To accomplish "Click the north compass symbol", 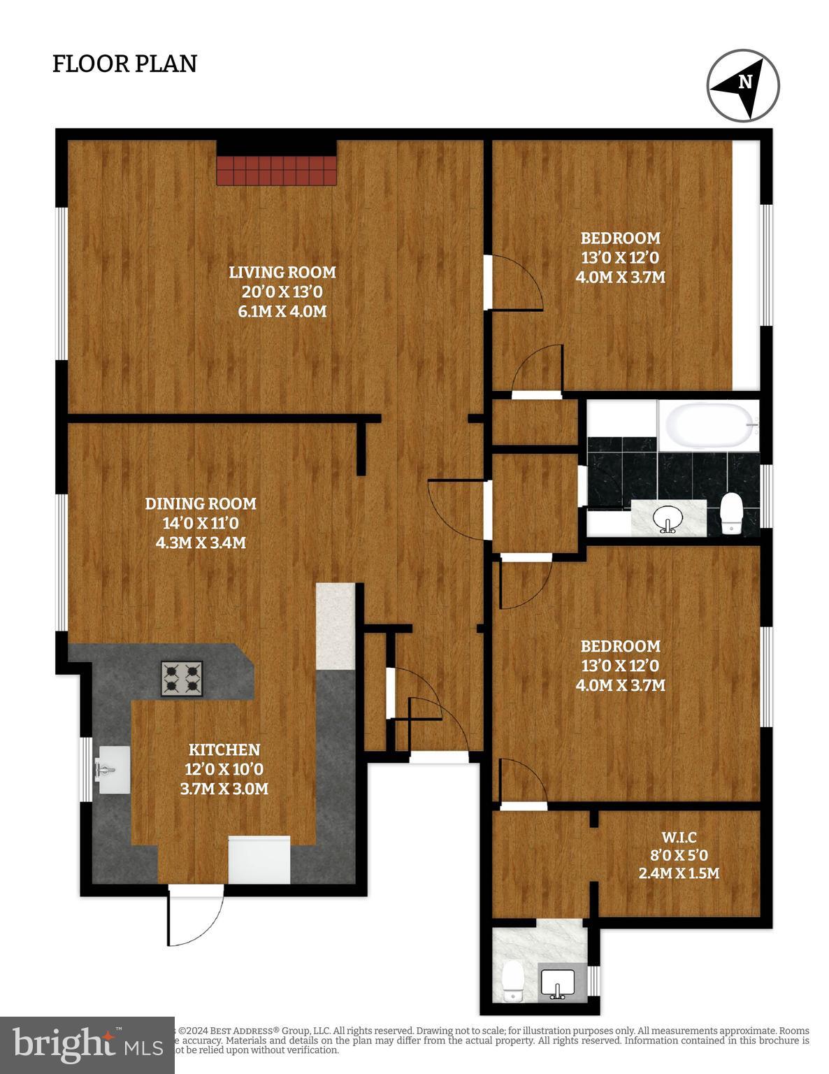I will (x=743, y=85).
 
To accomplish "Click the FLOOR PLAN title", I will (x=124, y=64).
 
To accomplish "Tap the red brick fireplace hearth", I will (x=277, y=170).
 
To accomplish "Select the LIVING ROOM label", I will (x=283, y=272).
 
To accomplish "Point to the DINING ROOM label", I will (x=201, y=503).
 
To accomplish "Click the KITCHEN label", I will (x=224, y=750).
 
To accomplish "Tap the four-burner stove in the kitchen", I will (x=182, y=678).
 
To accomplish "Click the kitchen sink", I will (x=112, y=770).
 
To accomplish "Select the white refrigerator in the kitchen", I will (x=259, y=859).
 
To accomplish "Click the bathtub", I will (x=708, y=426).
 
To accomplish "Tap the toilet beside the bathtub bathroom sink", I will (x=731, y=512).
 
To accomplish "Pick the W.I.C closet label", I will (x=679, y=836).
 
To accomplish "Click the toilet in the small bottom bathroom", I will (x=513, y=980).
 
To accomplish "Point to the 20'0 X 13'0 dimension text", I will (x=282, y=292).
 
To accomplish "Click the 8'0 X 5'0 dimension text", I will (x=679, y=854).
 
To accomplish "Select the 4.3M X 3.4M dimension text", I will (x=201, y=542).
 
